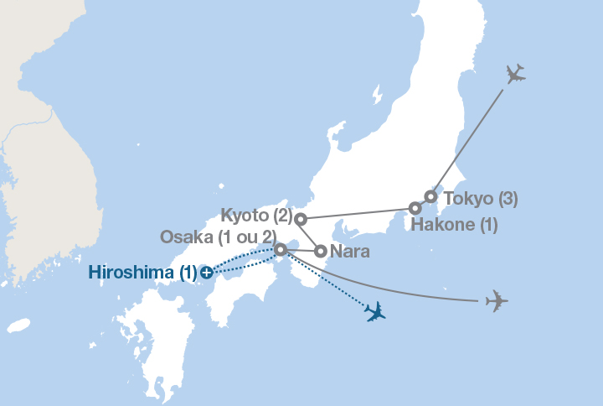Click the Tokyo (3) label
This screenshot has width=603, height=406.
click(480, 200)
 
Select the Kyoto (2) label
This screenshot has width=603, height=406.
click(256, 215)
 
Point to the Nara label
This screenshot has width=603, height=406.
click(351, 251)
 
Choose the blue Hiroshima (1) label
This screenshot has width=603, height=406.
click(142, 273)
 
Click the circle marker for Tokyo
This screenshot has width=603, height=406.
click(430, 197)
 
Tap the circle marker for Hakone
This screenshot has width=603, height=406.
click(415, 208)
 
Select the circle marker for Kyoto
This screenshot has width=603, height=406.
click(301, 219)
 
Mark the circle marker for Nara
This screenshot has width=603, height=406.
click(320, 250)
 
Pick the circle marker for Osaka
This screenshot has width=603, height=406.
click(281, 248)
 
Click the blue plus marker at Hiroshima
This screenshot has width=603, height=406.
click(207, 272)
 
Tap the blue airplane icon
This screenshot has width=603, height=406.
click(375, 312)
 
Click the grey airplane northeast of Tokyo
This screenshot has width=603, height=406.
click(515, 75)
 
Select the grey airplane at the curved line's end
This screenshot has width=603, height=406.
click(497, 299)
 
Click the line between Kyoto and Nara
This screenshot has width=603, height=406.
click(310, 234)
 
